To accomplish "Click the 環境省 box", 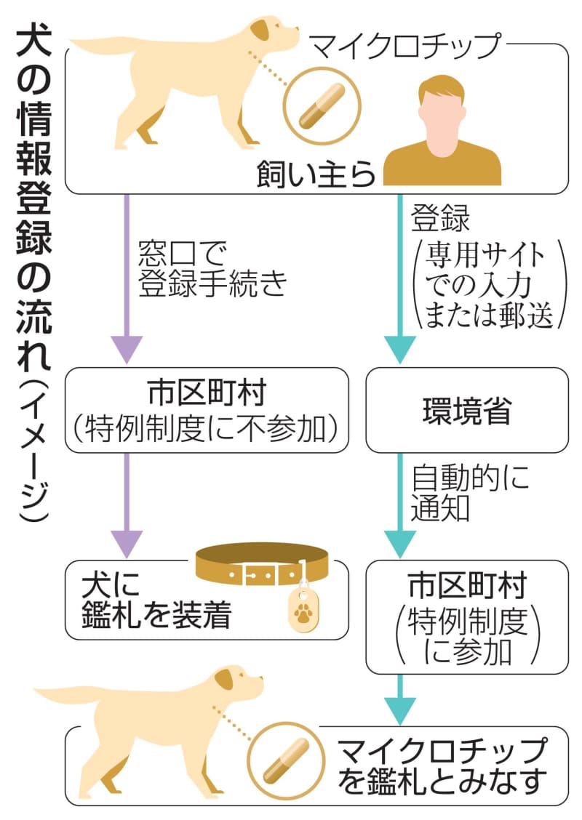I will (466, 410).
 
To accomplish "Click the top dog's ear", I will (261, 31).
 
